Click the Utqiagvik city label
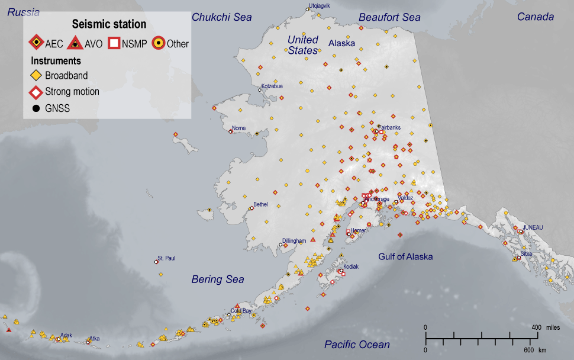(x=318, y=5)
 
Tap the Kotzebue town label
(x=272, y=86)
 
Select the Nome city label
(x=238, y=128)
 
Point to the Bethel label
(x=260, y=204)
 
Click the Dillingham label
(x=294, y=241)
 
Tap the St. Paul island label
(x=166, y=258)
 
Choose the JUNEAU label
(x=533, y=227)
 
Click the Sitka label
(x=526, y=253)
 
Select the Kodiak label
(x=351, y=266)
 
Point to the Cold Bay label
(x=241, y=310)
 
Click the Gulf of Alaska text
(x=405, y=256)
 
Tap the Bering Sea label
(x=218, y=279)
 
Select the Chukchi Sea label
(x=222, y=17)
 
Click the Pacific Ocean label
(x=357, y=345)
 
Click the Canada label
(x=536, y=17)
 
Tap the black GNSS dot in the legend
(x=36, y=108)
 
